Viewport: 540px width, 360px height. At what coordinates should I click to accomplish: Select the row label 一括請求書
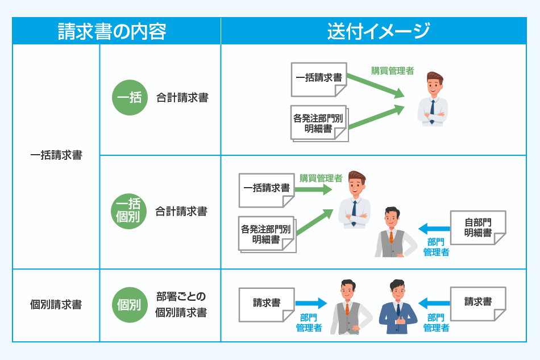click(56, 155)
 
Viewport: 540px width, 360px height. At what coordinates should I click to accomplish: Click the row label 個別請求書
click(56, 305)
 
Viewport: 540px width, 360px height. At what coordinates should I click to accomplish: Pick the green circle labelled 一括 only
click(130, 98)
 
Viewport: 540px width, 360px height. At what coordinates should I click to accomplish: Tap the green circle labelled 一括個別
click(130, 212)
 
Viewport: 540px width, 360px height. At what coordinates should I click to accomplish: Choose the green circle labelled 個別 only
click(130, 305)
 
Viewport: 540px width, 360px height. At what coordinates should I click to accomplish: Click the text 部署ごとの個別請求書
click(181, 305)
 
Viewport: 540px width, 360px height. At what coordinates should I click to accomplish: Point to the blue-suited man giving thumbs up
click(397, 307)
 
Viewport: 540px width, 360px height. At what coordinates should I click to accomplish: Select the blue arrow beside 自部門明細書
click(433, 229)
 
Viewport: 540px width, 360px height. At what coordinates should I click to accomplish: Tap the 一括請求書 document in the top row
click(318, 78)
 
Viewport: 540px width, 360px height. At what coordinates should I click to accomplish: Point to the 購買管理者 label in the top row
click(392, 71)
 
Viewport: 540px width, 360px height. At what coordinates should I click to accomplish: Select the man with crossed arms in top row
click(433, 100)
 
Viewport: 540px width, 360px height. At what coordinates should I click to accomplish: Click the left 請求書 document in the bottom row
click(267, 304)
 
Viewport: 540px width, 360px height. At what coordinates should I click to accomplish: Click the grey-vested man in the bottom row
click(347, 307)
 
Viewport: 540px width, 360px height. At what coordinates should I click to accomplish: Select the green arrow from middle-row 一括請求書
click(313, 189)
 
